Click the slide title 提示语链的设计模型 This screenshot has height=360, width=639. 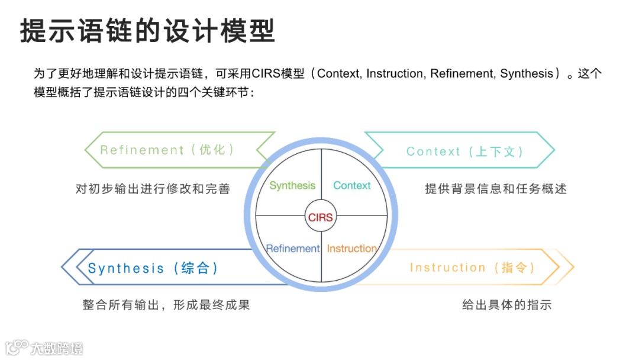pos(148,31)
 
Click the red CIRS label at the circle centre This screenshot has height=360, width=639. pos(321,217)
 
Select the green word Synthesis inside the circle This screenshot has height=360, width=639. pos(292,185)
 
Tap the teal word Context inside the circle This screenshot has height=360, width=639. pos(351,185)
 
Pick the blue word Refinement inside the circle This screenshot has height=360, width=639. pos(293,249)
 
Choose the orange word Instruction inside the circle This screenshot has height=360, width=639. pos(351,249)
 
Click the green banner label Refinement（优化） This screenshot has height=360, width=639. pos(168,150)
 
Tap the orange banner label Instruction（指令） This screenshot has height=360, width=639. pos(473,268)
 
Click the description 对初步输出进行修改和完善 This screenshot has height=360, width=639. pos(153,189)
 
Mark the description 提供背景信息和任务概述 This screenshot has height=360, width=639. pos(496,189)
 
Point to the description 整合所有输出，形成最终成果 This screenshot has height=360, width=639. pos(166,306)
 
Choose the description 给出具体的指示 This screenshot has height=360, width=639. pos(506,306)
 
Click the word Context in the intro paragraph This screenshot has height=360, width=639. pos(338,74)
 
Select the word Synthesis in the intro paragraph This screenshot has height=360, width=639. pos(526,74)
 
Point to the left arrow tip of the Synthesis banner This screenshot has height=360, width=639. pos(63,267)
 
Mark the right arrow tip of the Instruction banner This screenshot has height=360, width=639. pos(573,267)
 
